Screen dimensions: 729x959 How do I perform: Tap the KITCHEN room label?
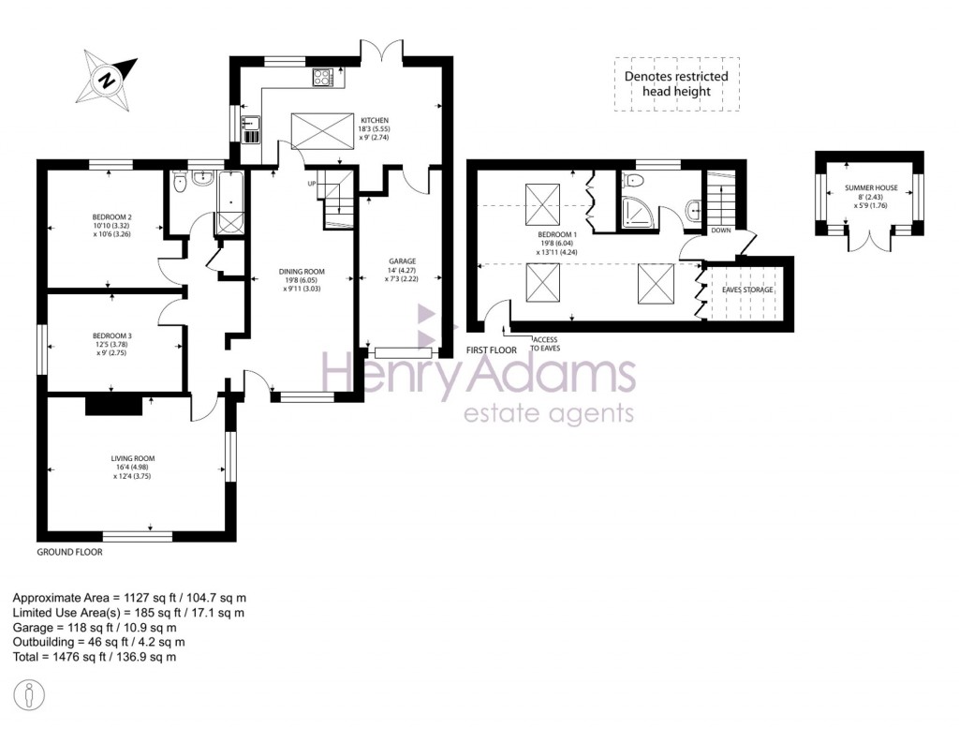point(375,120)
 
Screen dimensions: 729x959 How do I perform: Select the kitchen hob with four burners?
point(324,78)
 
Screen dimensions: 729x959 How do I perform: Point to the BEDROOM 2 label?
point(111,217)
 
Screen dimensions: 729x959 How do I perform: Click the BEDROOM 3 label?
point(111,335)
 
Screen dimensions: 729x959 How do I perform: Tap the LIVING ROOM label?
point(131,458)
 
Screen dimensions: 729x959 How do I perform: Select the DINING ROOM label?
point(301,272)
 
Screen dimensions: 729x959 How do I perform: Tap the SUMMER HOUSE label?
point(871,188)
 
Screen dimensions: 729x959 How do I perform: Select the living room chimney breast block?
point(113,404)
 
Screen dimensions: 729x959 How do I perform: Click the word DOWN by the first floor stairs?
point(721,230)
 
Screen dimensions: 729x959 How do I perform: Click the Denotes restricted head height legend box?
point(676,84)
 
